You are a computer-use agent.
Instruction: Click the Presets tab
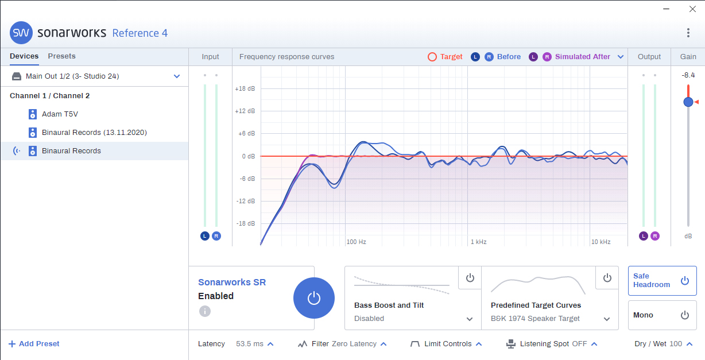61,56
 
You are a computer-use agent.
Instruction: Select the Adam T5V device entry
59,114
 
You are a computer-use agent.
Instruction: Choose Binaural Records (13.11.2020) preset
94,133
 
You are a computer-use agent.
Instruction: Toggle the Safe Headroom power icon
684,281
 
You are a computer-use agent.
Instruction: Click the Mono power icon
684,315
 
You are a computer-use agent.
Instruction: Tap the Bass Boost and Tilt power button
470,278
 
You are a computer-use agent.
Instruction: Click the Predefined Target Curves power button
607,278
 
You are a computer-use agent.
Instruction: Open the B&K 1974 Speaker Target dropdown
607,319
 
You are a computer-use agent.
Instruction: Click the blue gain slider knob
688,102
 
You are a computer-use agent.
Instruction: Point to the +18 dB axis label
245,89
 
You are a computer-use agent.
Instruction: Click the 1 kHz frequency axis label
478,242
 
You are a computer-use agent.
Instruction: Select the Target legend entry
446,57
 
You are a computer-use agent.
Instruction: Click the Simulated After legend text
582,57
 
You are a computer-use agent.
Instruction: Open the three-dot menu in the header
688,33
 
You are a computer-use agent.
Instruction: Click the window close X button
692,9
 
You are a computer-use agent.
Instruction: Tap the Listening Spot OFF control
552,344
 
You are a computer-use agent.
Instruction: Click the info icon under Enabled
205,311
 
